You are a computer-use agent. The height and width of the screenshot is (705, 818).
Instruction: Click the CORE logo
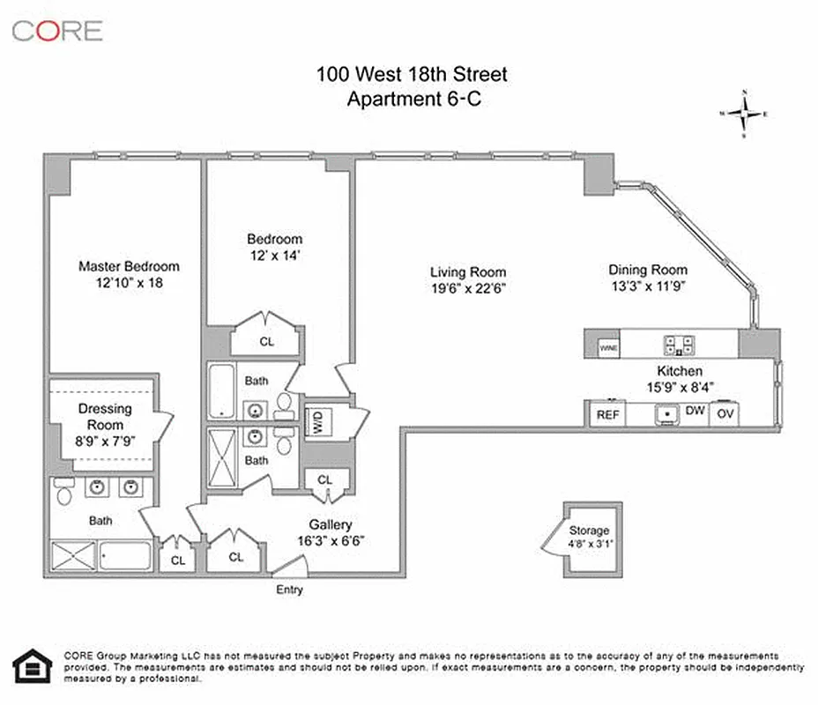(57, 31)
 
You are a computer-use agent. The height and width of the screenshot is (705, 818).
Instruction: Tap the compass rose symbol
(745, 114)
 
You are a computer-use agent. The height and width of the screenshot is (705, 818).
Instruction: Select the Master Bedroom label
(129, 266)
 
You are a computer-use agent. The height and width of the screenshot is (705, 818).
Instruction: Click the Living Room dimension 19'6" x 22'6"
(468, 288)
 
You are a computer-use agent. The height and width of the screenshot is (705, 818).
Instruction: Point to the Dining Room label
(648, 270)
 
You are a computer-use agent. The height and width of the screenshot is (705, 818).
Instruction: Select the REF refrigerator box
(607, 414)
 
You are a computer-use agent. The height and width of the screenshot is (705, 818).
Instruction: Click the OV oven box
(725, 414)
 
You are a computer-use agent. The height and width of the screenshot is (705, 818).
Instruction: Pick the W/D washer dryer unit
(314, 422)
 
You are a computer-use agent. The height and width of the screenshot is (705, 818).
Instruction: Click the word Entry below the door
(289, 590)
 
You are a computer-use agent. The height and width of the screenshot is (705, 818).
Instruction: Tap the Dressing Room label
(106, 417)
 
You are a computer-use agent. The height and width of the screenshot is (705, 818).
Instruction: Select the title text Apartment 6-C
(412, 100)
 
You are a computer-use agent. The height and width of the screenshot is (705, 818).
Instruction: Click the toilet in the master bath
(62, 493)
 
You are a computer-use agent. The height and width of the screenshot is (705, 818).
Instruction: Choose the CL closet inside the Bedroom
(266, 340)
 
